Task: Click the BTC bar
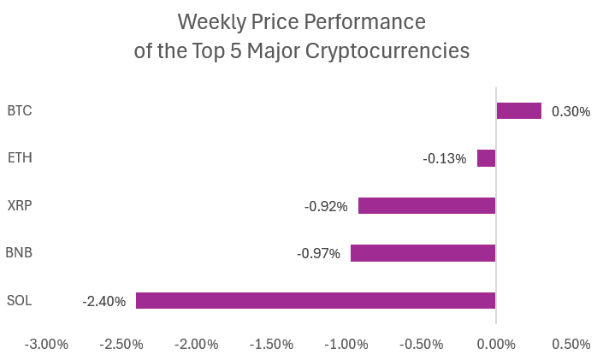click(x=518, y=110)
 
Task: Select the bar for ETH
click(x=486, y=158)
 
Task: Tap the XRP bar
click(x=427, y=206)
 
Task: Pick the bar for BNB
click(x=423, y=253)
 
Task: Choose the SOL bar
click(x=316, y=301)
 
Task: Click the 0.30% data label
click(x=570, y=111)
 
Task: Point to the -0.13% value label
click(x=445, y=158)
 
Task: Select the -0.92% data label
click(x=326, y=206)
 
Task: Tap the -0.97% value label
click(x=318, y=253)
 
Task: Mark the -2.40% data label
click(x=103, y=301)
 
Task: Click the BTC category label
click(x=19, y=110)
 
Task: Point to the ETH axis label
click(x=19, y=158)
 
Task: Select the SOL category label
click(x=19, y=300)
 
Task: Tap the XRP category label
click(x=19, y=205)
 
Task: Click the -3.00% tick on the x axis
click(x=46, y=344)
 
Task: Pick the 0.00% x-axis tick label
click(x=496, y=344)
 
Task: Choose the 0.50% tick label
click(x=571, y=344)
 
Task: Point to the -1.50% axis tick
click(x=271, y=344)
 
